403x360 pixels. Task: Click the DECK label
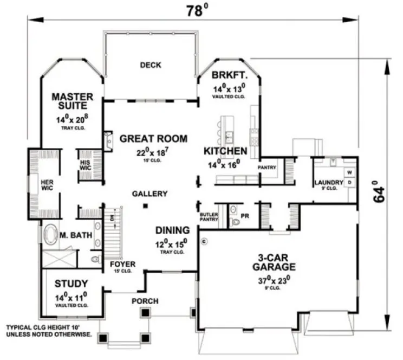[150, 66]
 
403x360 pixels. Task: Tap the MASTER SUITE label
[73, 101]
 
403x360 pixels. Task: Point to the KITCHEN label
[226, 151]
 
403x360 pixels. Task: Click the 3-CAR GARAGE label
[274, 262]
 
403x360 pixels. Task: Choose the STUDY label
[71, 283]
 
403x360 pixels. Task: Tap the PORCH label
[145, 301]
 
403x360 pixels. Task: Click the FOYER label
[122, 265]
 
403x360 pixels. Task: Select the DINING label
[172, 230]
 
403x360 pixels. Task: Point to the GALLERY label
[149, 194]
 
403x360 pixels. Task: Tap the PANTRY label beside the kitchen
[267, 168]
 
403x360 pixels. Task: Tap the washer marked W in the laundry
[349, 172]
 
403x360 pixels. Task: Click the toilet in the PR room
[235, 221]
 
